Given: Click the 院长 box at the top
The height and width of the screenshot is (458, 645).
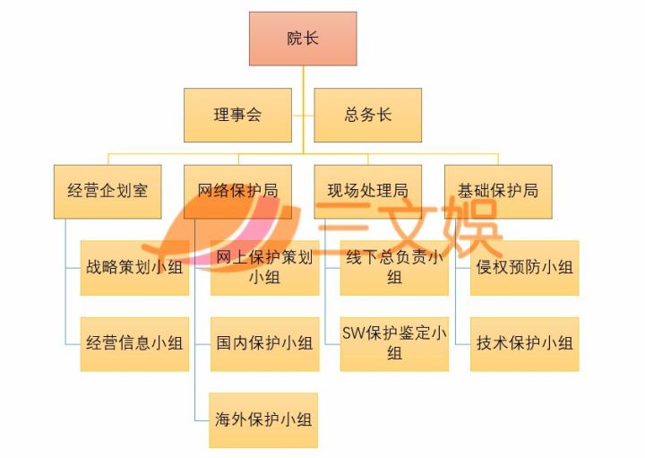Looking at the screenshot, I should [x=303, y=39].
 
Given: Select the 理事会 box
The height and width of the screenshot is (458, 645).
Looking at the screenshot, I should [x=237, y=115].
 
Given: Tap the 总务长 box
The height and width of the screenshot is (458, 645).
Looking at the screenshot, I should [x=367, y=115].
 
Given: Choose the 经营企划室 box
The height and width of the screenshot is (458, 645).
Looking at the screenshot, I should [x=107, y=191].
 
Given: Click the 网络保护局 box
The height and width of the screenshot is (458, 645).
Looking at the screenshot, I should [x=237, y=191].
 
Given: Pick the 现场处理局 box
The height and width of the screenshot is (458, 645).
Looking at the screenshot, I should [x=367, y=191].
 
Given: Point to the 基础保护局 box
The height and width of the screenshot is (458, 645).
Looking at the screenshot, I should [x=498, y=191].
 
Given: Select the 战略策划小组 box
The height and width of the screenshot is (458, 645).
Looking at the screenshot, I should [x=134, y=267].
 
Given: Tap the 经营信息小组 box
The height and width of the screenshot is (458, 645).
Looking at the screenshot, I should [x=134, y=343].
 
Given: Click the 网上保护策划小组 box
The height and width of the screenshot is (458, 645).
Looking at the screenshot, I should [x=264, y=267].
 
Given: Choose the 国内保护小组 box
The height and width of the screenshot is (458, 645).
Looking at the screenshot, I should [x=264, y=343].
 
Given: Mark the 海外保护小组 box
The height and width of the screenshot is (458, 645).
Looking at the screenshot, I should [x=264, y=419].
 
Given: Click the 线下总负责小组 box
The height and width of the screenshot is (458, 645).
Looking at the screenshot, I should [x=394, y=267].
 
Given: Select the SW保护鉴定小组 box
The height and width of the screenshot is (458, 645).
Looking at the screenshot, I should [x=394, y=343].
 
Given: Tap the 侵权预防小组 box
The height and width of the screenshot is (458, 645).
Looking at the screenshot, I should [x=525, y=267].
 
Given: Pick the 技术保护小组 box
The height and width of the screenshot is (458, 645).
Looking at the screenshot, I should [x=525, y=343].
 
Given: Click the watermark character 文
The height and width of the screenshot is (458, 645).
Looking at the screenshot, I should [x=400, y=229].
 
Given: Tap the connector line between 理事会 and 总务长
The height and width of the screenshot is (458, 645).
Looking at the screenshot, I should [x=303, y=116].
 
